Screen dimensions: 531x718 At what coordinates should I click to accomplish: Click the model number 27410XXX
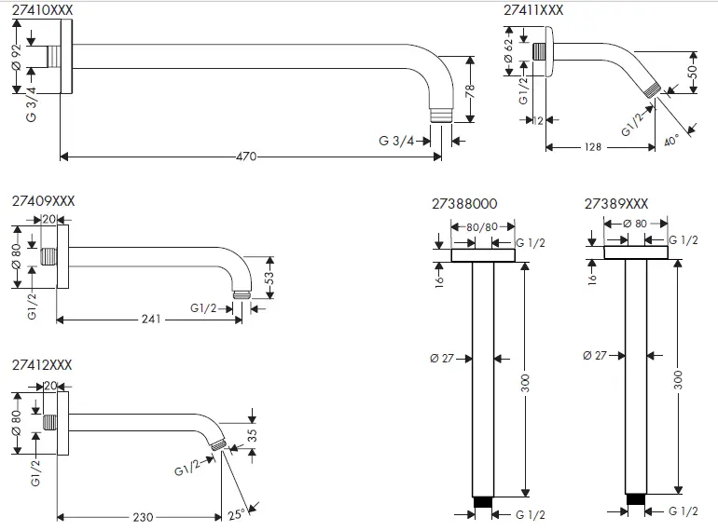[42, 9]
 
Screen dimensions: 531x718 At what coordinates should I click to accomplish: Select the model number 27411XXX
[533, 9]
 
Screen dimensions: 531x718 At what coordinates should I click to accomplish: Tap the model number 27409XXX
[44, 201]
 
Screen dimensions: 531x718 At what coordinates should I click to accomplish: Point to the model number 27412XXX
[42, 365]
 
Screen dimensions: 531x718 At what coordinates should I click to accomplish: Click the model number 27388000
[464, 203]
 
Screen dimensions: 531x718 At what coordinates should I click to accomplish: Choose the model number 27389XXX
[616, 203]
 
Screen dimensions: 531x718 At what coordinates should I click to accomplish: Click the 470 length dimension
[245, 157]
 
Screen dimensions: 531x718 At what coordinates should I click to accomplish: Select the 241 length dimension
[151, 320]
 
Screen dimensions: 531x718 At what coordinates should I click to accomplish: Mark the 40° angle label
[672, 141]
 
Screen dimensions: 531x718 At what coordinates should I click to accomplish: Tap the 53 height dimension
[270, 277]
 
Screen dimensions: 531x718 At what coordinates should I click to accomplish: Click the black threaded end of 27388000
[483, 503]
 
